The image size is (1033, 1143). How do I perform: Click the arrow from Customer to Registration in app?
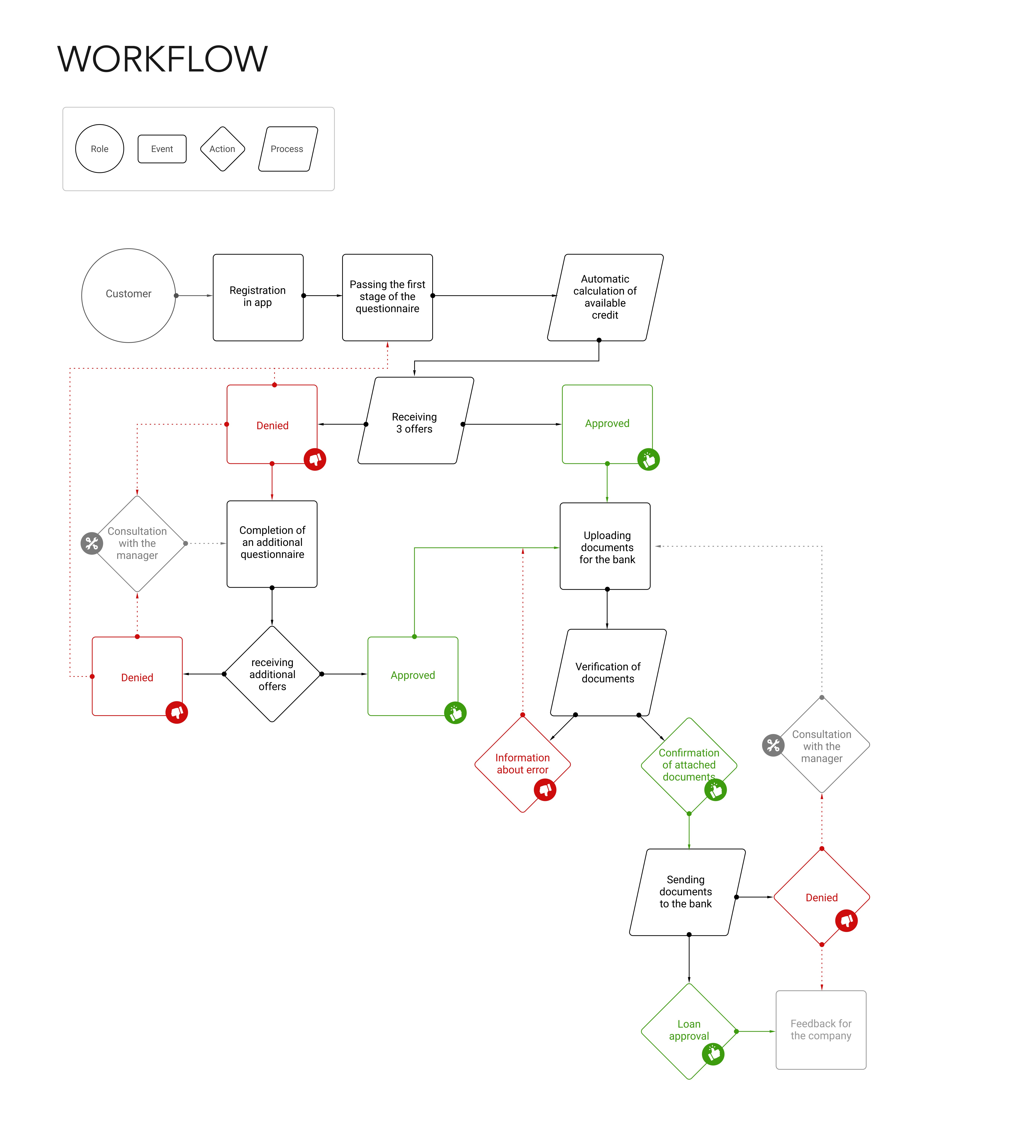coord(194,295)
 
